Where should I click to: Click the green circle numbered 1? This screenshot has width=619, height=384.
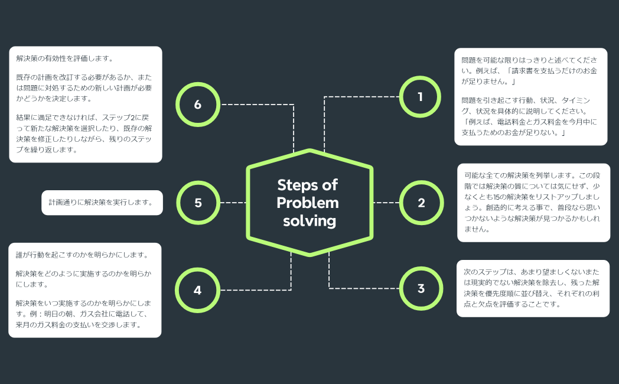421,97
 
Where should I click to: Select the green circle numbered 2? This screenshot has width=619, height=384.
421,203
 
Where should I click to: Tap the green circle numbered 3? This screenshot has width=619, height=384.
421,289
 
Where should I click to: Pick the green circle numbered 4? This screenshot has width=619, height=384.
197,290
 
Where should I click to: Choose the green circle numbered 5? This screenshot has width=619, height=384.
198,203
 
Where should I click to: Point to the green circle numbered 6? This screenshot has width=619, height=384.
197,105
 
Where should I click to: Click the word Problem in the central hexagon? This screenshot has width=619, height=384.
308,203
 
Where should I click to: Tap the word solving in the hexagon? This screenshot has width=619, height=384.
309,221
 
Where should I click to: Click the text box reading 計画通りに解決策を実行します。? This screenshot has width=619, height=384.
102,203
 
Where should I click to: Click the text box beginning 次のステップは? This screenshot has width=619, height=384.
533,288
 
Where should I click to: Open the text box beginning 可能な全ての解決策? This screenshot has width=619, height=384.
533,203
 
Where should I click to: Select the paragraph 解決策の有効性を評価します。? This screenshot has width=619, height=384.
65,58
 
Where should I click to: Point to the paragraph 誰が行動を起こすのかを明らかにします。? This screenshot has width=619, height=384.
82,255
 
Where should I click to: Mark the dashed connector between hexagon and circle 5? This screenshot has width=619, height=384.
233,203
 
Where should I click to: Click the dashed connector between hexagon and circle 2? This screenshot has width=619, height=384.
386,203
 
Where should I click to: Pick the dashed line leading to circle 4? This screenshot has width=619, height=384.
254,290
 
